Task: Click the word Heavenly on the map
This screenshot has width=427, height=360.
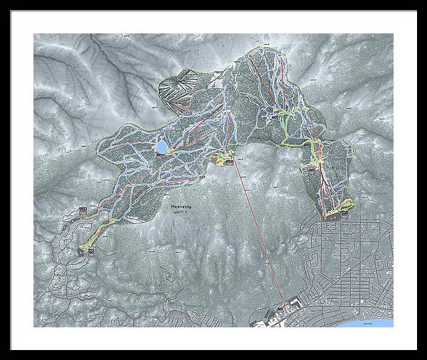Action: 181,207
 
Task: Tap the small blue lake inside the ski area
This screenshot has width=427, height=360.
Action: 162,147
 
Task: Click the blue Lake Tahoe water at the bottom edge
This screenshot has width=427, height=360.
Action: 381,323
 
